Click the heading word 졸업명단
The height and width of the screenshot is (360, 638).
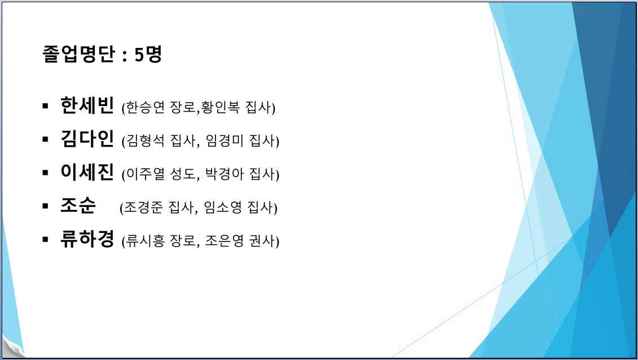tap(79, 54)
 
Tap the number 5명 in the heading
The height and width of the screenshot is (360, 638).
tap(148, 54)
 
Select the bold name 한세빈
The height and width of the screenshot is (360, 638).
tap(87, 106)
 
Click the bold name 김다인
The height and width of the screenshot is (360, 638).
tap(87, 139)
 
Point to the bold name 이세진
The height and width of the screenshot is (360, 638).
tap(87, 172)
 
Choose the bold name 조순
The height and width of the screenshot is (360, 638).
tap(78, 205)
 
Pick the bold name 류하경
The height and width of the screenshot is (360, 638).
tap(87, 239)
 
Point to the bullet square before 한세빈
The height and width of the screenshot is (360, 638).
tap(45, 106)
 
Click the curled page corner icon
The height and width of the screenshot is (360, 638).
tap(13, 346)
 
